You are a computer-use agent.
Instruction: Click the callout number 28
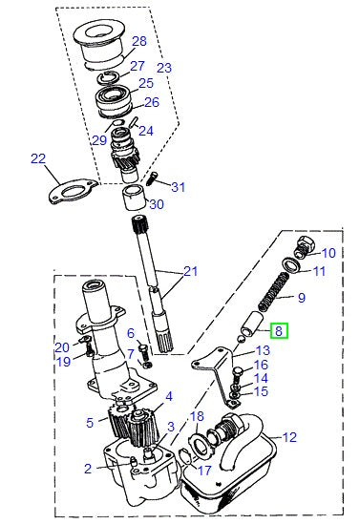(x=139, y=41)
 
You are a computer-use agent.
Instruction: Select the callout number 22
(x=38, y=159)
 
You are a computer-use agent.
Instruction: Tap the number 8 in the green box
(x=280, y=330)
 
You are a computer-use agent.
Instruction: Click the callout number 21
(x=191, y=272)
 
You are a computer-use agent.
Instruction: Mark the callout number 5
(x=90, y=421)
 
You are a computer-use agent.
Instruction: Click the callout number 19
(x=63, y=362)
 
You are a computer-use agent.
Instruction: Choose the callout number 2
(x=87, y=469)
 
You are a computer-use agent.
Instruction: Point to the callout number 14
(x=261, y=378)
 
